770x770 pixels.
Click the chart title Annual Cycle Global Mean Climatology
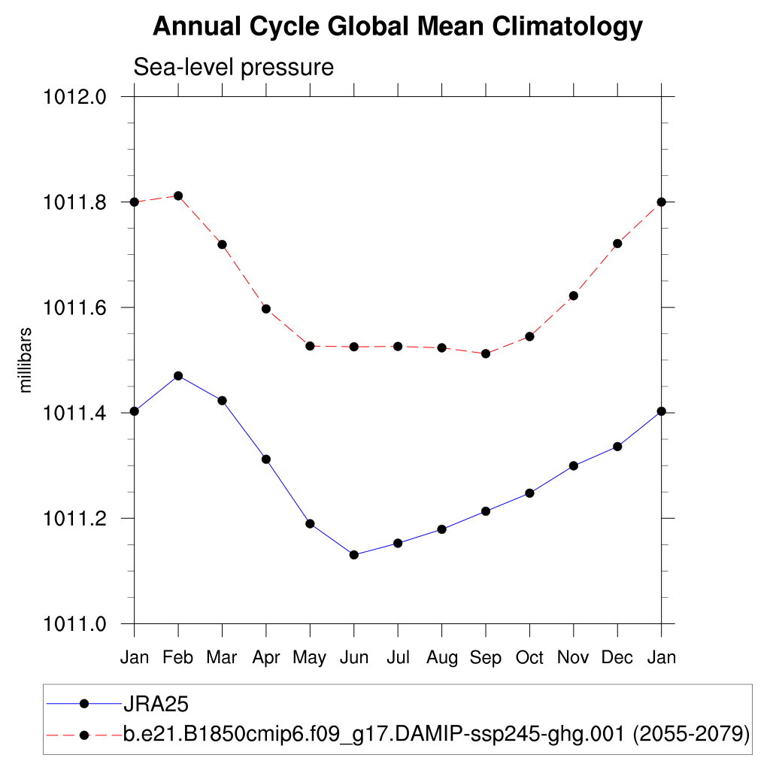tap(398, 27)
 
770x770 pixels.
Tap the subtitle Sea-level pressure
tap(233, 67)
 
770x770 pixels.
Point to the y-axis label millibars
tap(26, 360)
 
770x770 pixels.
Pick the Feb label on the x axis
tap(178, 657)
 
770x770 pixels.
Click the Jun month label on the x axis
tap(354, 657)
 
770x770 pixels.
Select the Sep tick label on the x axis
tap(486, 657)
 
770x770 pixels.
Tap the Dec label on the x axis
tap(617, 657)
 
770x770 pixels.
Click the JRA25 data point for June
tap(354, 555)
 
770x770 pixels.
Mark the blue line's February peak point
tap(178, 375)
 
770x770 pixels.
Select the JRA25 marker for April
tap(266, 459)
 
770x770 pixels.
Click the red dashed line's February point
tap(178, 196)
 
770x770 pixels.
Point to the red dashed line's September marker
tap(486, 353)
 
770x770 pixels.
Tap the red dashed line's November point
tap(574, 296)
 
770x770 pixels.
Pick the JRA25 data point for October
tap(529, 493)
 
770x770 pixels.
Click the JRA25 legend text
tap(155, 704)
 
